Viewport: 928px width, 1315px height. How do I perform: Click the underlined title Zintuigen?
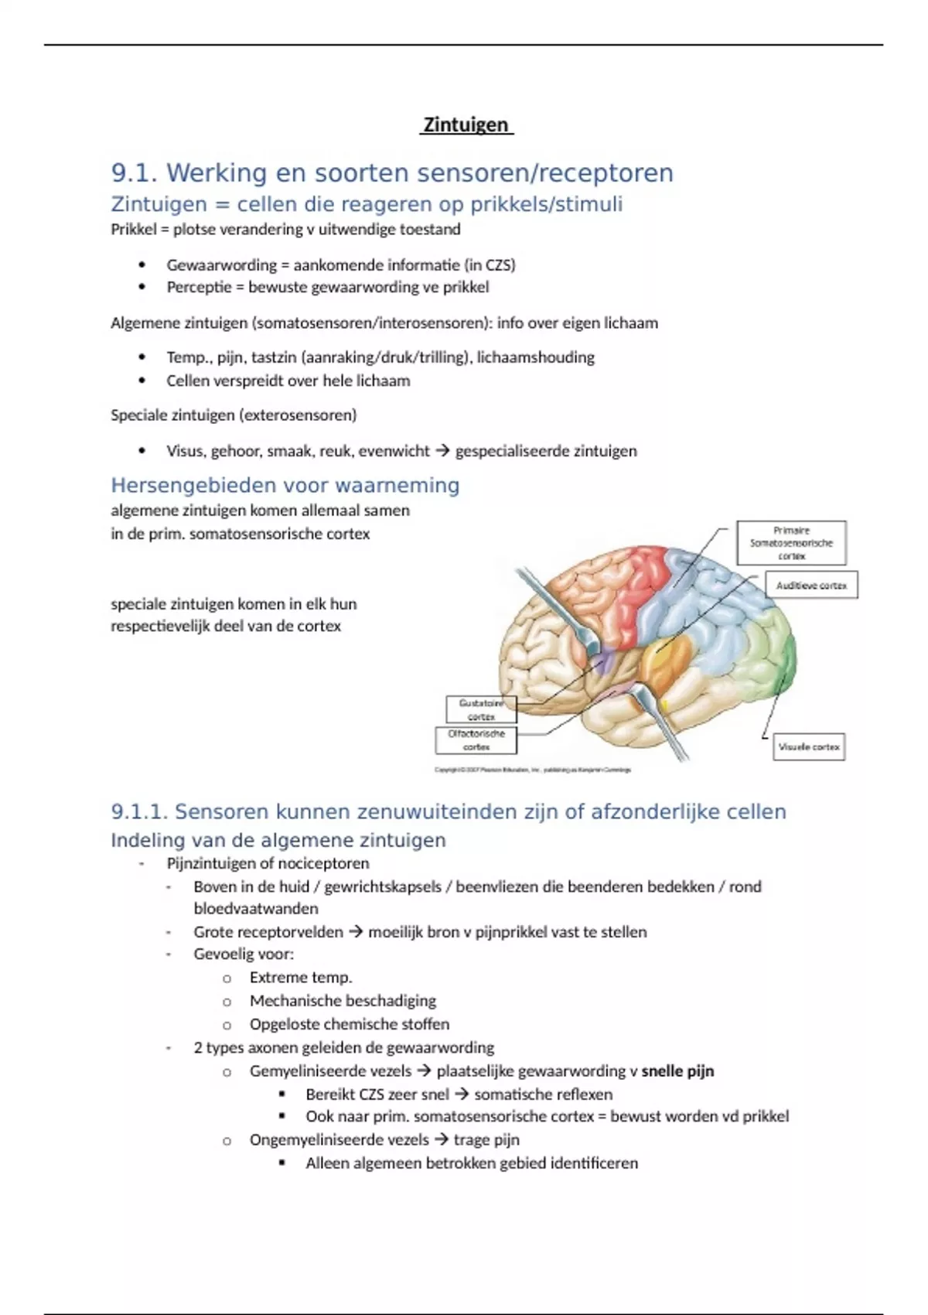466,125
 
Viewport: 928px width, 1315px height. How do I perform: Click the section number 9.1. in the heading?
135,173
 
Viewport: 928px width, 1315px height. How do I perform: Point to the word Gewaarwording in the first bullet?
221,265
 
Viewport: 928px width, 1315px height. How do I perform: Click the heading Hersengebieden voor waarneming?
285,486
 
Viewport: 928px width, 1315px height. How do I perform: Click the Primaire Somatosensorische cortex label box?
791,543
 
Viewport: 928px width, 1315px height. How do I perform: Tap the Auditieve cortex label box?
811,586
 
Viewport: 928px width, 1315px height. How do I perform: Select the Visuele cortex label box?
809,747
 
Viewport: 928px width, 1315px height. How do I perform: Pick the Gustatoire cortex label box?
481,709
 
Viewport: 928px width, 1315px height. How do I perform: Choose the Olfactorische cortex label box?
476,740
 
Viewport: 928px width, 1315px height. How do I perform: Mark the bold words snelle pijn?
677,1071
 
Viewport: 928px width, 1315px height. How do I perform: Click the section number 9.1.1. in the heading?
139,812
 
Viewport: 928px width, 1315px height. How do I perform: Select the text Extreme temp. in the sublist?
300,978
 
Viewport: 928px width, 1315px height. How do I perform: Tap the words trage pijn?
486,1140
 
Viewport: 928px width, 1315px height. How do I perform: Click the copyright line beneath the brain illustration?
533,770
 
